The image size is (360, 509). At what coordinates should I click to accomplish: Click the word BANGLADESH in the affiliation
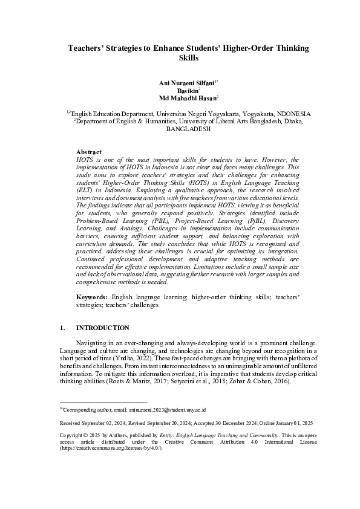click(x=188, y=129)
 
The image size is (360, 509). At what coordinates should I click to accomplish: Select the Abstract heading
click(x=89, y=152)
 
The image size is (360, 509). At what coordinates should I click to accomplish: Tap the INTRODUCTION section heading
click(x=102, y=328)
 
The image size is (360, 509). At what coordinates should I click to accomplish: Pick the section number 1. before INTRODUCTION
click(x=62, y=328)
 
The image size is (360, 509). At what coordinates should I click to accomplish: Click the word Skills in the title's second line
click(x=188, y=58)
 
